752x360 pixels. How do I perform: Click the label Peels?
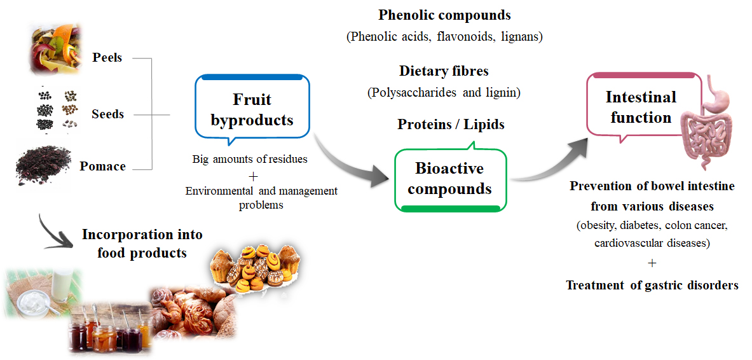[x=107, y=58]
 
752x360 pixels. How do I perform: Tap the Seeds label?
[x=107, y=114]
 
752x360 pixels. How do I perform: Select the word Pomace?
[x=102, y=167]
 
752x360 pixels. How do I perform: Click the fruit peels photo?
[x=56, y=49]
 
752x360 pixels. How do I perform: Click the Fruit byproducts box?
[x=252, y=109]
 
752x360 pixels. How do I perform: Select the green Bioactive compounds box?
[x=449, y=179]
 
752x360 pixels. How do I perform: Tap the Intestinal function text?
[x=641, y=107]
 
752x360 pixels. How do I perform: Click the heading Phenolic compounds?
[x=444, y=15]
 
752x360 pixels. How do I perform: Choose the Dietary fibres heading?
[x=444, y=71]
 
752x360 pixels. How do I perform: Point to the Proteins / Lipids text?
[x=451, y=124]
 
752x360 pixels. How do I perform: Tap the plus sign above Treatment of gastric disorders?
[x=652, y=263]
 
